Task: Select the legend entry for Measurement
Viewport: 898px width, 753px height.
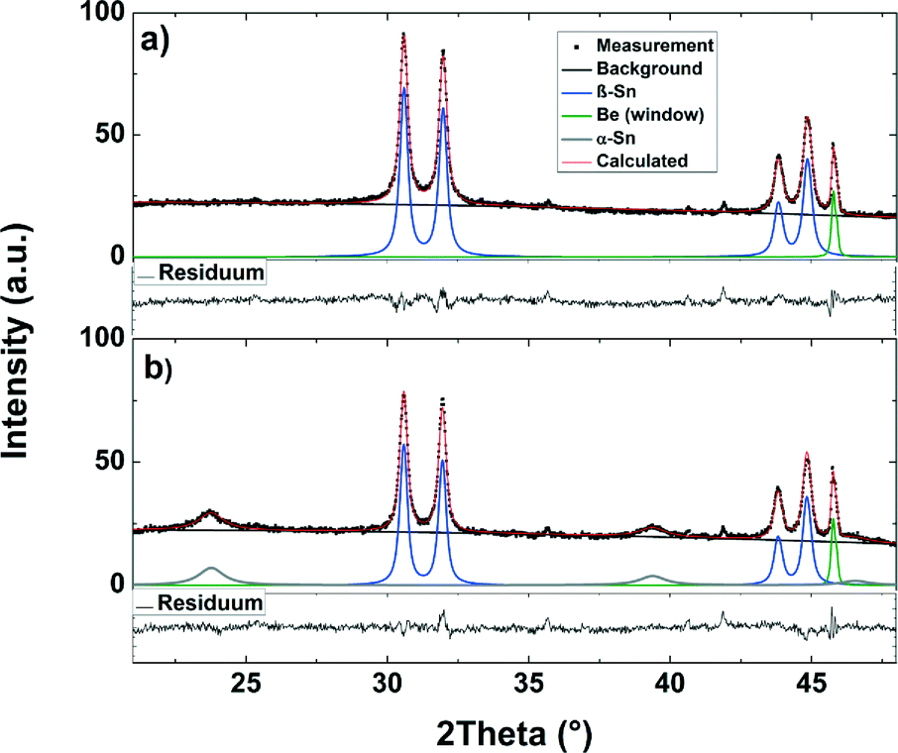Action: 655,46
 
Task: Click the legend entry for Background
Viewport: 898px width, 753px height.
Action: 648,69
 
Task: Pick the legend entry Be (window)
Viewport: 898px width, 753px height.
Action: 649,115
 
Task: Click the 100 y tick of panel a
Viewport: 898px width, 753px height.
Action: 103,13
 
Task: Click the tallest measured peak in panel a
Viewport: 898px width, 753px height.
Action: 402,35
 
